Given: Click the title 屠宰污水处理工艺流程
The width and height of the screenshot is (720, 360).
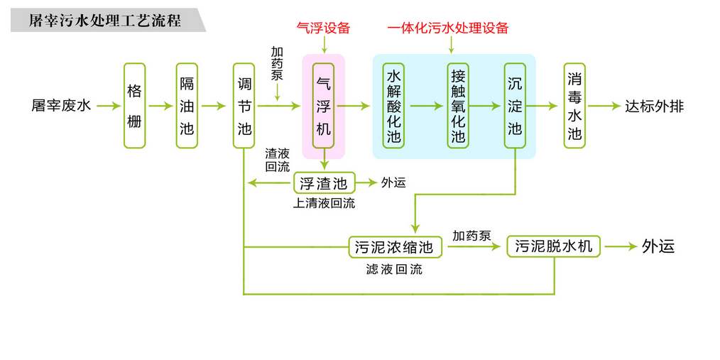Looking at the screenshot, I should tap(104, 21).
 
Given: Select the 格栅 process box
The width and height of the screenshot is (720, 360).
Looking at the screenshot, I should tap(134, 106).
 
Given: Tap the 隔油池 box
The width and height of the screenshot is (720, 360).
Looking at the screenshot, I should tap(187, 106).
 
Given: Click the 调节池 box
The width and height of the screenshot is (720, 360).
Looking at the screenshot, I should tap(244, 106).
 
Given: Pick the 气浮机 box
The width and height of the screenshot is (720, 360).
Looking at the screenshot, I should tap(324, 106).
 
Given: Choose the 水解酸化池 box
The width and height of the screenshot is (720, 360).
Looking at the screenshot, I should tap(393, 106).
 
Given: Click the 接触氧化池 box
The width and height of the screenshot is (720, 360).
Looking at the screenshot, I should tap(458, 106).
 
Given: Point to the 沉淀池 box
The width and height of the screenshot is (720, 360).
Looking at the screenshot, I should tap(515, 106).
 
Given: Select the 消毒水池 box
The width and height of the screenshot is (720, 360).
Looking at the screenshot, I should tap(574, 106).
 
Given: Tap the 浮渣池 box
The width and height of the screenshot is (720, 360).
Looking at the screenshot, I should tap(324, 183).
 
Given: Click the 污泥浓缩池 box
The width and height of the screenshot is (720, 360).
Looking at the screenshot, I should tap(394, 247).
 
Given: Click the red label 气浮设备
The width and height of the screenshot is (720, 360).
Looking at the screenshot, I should tap(324, 28).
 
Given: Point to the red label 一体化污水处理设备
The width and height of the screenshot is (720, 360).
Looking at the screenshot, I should tap(448, 28).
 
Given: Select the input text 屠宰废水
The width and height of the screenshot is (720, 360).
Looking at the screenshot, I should tap(62, 107).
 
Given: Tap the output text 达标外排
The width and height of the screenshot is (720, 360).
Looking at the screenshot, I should tap(655, 107).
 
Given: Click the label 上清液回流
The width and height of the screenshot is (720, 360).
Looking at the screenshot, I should tap(324, 203).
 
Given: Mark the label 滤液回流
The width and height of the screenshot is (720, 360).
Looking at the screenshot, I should tap(394, 269).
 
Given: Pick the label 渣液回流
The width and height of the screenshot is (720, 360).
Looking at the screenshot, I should tap(277, 160).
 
